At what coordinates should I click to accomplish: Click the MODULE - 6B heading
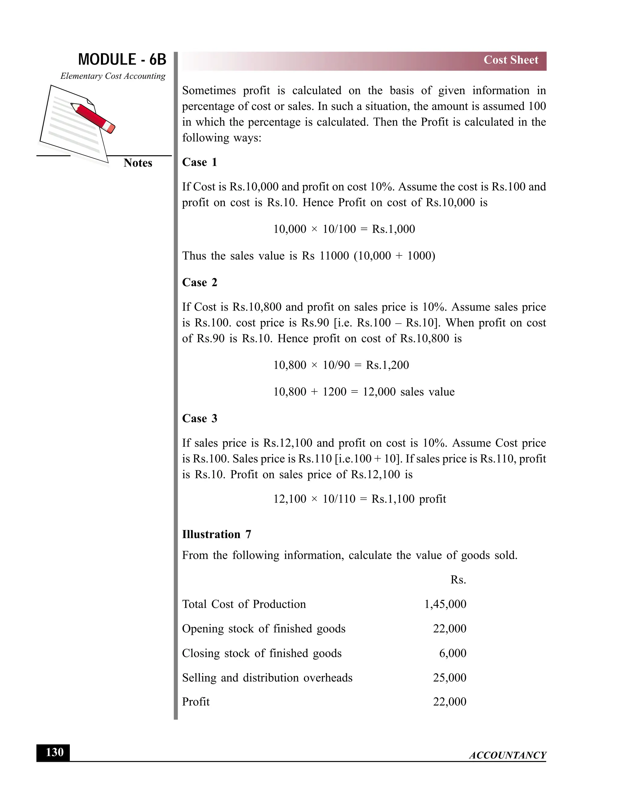pos(122,60)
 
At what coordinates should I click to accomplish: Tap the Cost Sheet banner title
pos(510,60)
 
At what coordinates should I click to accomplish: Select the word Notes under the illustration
pos(138,163)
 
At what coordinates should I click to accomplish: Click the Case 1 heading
pos(199,162)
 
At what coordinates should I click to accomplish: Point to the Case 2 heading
pos(199,283)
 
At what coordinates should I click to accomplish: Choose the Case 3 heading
pos(199,418)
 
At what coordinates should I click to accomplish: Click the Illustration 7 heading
pos(216,534)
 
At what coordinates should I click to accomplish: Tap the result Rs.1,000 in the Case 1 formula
pos(393,229)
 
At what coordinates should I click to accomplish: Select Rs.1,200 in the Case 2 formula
pos(387,365)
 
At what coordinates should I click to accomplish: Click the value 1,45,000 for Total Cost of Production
pos(445,604)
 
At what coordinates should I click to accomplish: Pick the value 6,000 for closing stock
pos(452,653)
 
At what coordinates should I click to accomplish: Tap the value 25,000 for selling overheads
pos(449,678)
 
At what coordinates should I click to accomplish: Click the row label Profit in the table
pos(196,702)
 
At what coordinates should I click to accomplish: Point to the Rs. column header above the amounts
pos(458,580)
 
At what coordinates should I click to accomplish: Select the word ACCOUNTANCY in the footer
pos(507,755)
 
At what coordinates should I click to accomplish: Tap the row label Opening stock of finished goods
pos(264,629)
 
